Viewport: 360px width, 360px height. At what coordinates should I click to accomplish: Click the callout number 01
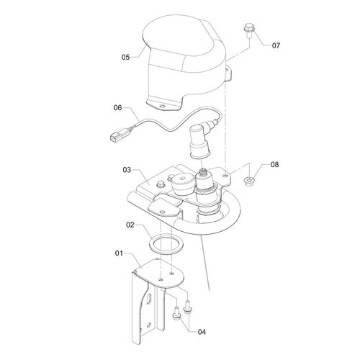pyautogui.click(x=119, y=253)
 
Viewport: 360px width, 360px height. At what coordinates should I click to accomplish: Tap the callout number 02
pyautogui.click(x=130, y=225)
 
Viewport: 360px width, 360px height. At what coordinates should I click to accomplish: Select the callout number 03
pyautogui.click(x=127, y=170)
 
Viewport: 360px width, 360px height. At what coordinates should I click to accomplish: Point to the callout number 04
pyautogui.click(x=202, y=332)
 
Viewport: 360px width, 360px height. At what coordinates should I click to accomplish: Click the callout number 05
pyautogui.click(x=125, y=57)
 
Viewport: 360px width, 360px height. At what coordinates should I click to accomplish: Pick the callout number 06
pyautogui.click(x=117, y=107)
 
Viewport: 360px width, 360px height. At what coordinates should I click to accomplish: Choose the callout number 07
pyautogui.click(x=276, y=45)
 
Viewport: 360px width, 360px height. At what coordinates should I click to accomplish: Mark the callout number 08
pyautogui.click(x=274, y=165)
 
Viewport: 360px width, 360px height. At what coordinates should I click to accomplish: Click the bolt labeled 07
pyautogui.click(x=249, y=30)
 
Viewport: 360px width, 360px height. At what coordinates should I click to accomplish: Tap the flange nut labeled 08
pyautogui.click(x=249, y=181)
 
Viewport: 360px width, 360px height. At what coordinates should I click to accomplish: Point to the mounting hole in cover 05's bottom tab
pyautogui.click(x=163, y=106)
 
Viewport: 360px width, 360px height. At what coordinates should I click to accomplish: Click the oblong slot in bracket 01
pyautogui.click(x=149, y=299)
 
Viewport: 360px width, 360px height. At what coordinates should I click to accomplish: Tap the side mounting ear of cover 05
pyautogui.click(x=228, y=73)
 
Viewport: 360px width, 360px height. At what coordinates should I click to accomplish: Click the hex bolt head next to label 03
pyautogui.click(x=160, y=184)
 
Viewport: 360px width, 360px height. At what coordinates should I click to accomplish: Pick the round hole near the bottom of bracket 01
pyautogui.click(x=149, y=325)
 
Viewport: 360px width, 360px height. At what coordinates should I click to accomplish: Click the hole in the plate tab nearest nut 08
pyautogui.click(x=225, y=176)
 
